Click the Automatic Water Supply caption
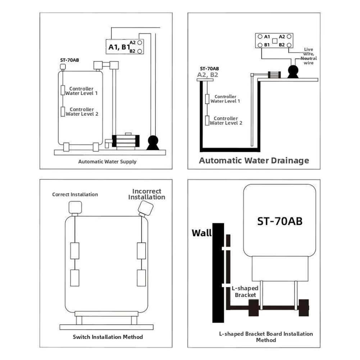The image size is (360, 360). pyautogui.click(x=107, y=161)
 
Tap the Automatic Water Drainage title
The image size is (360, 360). pyautogui.click(x=254, y=160)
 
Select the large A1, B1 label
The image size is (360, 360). pyautogui.click(x=119, y=47)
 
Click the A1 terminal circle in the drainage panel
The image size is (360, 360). pyautogui.click(x=260, y=37)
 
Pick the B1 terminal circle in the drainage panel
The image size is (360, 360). pyautogui.click(x=260, y=45)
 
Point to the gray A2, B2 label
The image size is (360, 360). pyautogui.click(x=208, y=75)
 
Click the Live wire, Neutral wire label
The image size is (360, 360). pyautogui.click(x=309, y=56)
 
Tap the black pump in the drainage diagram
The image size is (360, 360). pyautogui.click(x=293, y=72)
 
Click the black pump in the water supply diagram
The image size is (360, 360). pyautogui.click(x=153, y=142)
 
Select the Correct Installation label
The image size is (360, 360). pyautogui.click(x=75, y=195)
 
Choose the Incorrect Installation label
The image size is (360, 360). pyautogui.click(x=147, y=194)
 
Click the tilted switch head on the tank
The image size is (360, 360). pyautogui.click(x=146, y=208)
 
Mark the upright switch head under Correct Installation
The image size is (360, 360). pyautogui.click(x=75, y=208)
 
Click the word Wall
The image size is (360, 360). pyautogui.click(x=202, y=233)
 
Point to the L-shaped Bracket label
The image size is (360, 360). pyautogui.click(x=245, y=292)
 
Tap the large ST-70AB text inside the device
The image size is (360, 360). pyautogui.click(x=280, y=221)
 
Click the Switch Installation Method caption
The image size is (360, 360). pyautogui.click(x=108, y=337)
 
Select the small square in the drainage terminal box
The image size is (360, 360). pyautogui.click(x=275, y=41)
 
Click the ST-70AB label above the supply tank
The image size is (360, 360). pyautogui.click(x=69, y=60)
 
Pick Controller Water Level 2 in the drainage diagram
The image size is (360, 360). pyautogui.click(x=226, y=121)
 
